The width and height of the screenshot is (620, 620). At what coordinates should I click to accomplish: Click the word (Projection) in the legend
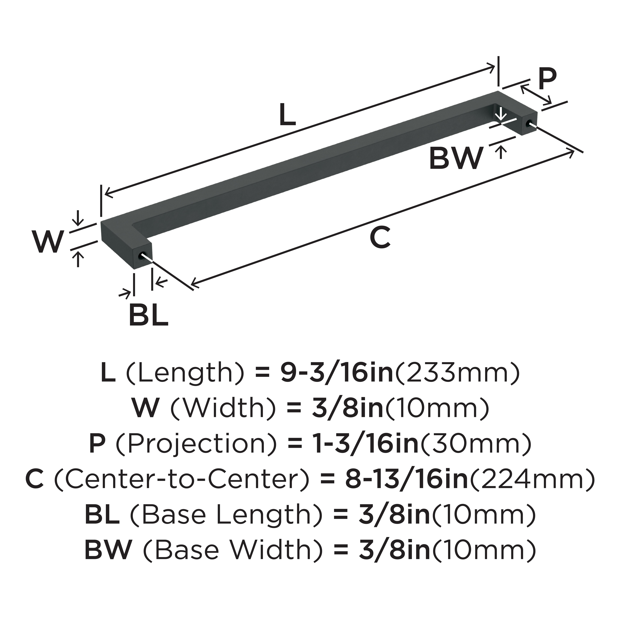click(196, 444)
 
